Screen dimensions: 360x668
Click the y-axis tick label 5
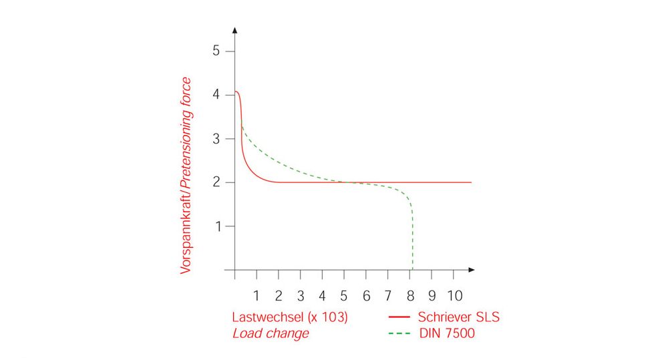[216, 51]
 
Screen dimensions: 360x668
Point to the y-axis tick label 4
[216, 95]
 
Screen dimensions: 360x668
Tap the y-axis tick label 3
[216, 139]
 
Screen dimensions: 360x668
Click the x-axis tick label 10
[454, 295]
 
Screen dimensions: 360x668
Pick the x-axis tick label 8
[410, 295]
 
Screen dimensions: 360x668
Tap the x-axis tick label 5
[344, 295]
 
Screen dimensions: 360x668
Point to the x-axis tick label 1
[257, 295]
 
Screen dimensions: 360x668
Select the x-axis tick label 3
[301, 295]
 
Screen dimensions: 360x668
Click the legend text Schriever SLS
[459, 317]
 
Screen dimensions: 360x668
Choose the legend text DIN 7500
[446, 333]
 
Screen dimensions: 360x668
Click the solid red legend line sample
[398, 317]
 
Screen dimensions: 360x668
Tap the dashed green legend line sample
[398, 333]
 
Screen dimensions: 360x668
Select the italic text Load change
[271, 333]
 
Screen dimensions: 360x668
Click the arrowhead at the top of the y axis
[235, 31]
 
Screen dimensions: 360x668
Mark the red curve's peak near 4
[236, 92]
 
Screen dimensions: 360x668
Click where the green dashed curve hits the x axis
[412, 269]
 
